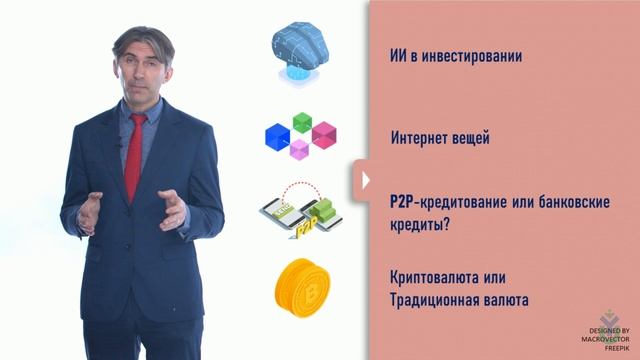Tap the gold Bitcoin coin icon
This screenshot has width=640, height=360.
click(x=301, y=287)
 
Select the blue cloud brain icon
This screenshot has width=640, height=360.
click(x=301, y=50)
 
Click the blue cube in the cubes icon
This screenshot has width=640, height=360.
click(x=277, y=137)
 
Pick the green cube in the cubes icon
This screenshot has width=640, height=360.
click(x=301, y=123)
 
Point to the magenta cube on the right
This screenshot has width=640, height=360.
click(x=324, y=134)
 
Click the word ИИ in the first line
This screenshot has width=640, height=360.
click(x=396, y=56)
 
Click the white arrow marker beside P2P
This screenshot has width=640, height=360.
click(x=366, y=181)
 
